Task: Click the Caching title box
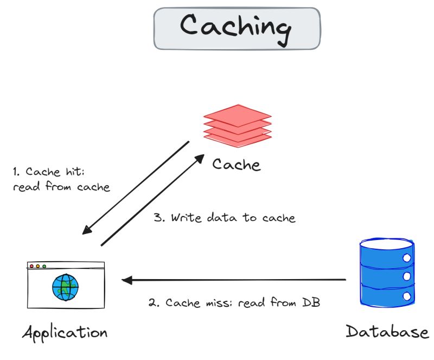(x=237, y=28)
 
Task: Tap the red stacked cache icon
(x=237, y=125)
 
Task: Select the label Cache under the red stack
(x=237, y=163)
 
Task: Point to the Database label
(x=387, y=331)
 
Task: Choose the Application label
(x=65, y=332)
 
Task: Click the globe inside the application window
(x=66, y=287)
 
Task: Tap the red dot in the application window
(x=31, y=266)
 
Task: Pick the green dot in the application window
(x=44, y=266)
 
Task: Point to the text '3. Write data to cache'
(x=225, y=218)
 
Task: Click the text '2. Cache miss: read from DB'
(x=234, y=302)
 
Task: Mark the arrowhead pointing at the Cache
(x=199, y=158)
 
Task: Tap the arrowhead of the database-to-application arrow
(x=126, y=280)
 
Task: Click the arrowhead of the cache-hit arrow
(x=86, y=230)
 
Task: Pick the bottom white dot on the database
(x=406, y=296)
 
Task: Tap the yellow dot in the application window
(x=38, y=266)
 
